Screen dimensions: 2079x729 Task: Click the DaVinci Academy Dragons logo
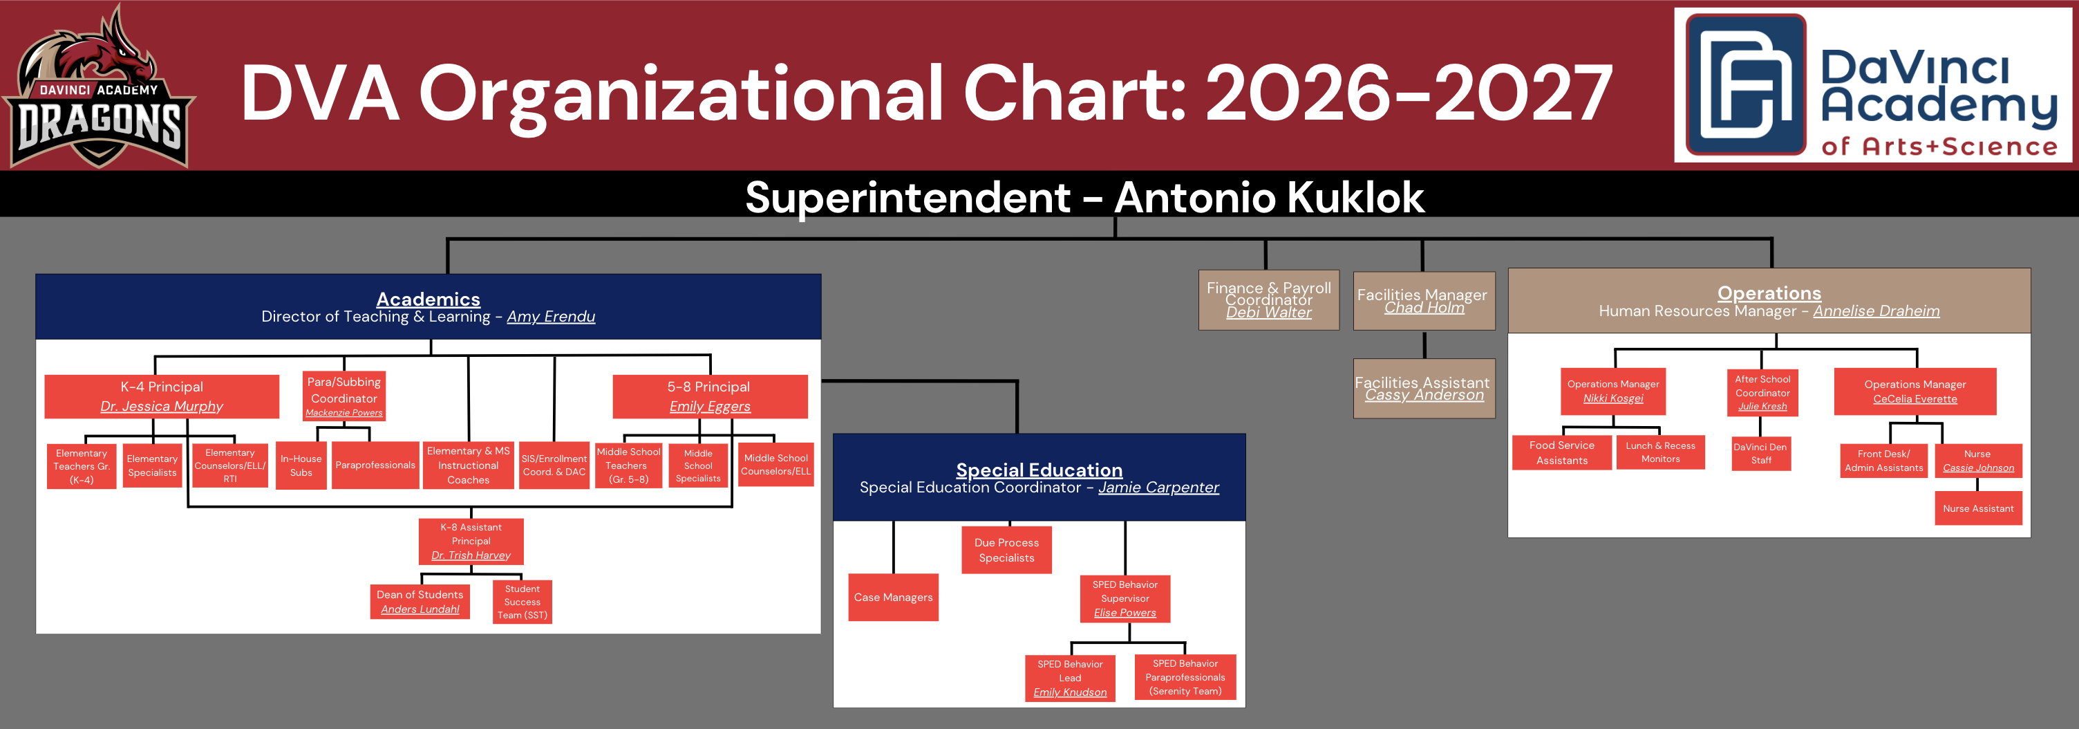click(x=98, y=87)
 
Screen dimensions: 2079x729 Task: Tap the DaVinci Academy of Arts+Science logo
click(x=1872, y=85)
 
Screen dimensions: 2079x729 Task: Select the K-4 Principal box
click(x=162, y=396)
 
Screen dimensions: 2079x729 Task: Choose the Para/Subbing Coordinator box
click(x=344, y=396)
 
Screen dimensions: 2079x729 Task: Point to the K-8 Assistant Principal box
click(x=471, y=541)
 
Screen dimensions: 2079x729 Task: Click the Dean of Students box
click(x=420, y=602)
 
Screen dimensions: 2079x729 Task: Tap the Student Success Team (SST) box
click(x=523, y=602)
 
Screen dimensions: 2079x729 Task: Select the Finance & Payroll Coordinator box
click(x=1269, y=299)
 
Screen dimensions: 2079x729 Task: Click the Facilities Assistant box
click(x=1424, y=388)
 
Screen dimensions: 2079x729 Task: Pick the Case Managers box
click(x=894, y=598)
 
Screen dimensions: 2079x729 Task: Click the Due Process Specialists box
click(x=1006, y=550)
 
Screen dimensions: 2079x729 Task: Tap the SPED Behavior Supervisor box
click(x=1125, y=598)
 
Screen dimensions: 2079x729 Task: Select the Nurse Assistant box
click(x=1978, y=508)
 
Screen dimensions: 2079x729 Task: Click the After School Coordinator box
click(x=1762, y=392)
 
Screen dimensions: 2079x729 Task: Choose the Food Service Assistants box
click(x=1562, y=453)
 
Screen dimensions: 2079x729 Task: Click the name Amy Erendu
click(x=552, y=317)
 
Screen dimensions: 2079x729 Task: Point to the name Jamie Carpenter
click(x=1158, y=488)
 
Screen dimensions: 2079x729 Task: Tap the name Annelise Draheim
click(x=1876, y=311)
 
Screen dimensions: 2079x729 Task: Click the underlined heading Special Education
click(x=1039, y=470)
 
